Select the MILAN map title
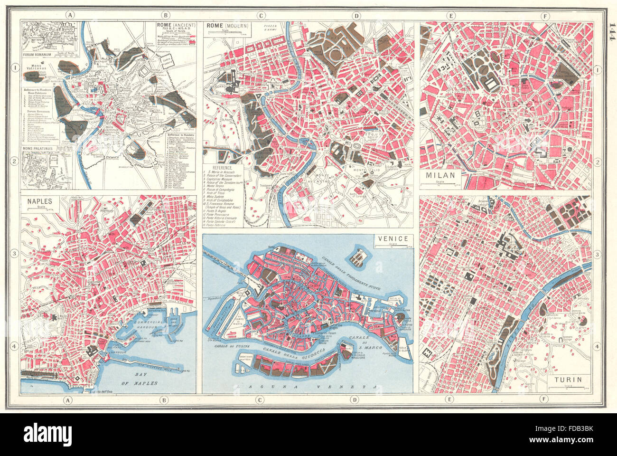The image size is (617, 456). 440,175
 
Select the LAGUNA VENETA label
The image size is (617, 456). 308,388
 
